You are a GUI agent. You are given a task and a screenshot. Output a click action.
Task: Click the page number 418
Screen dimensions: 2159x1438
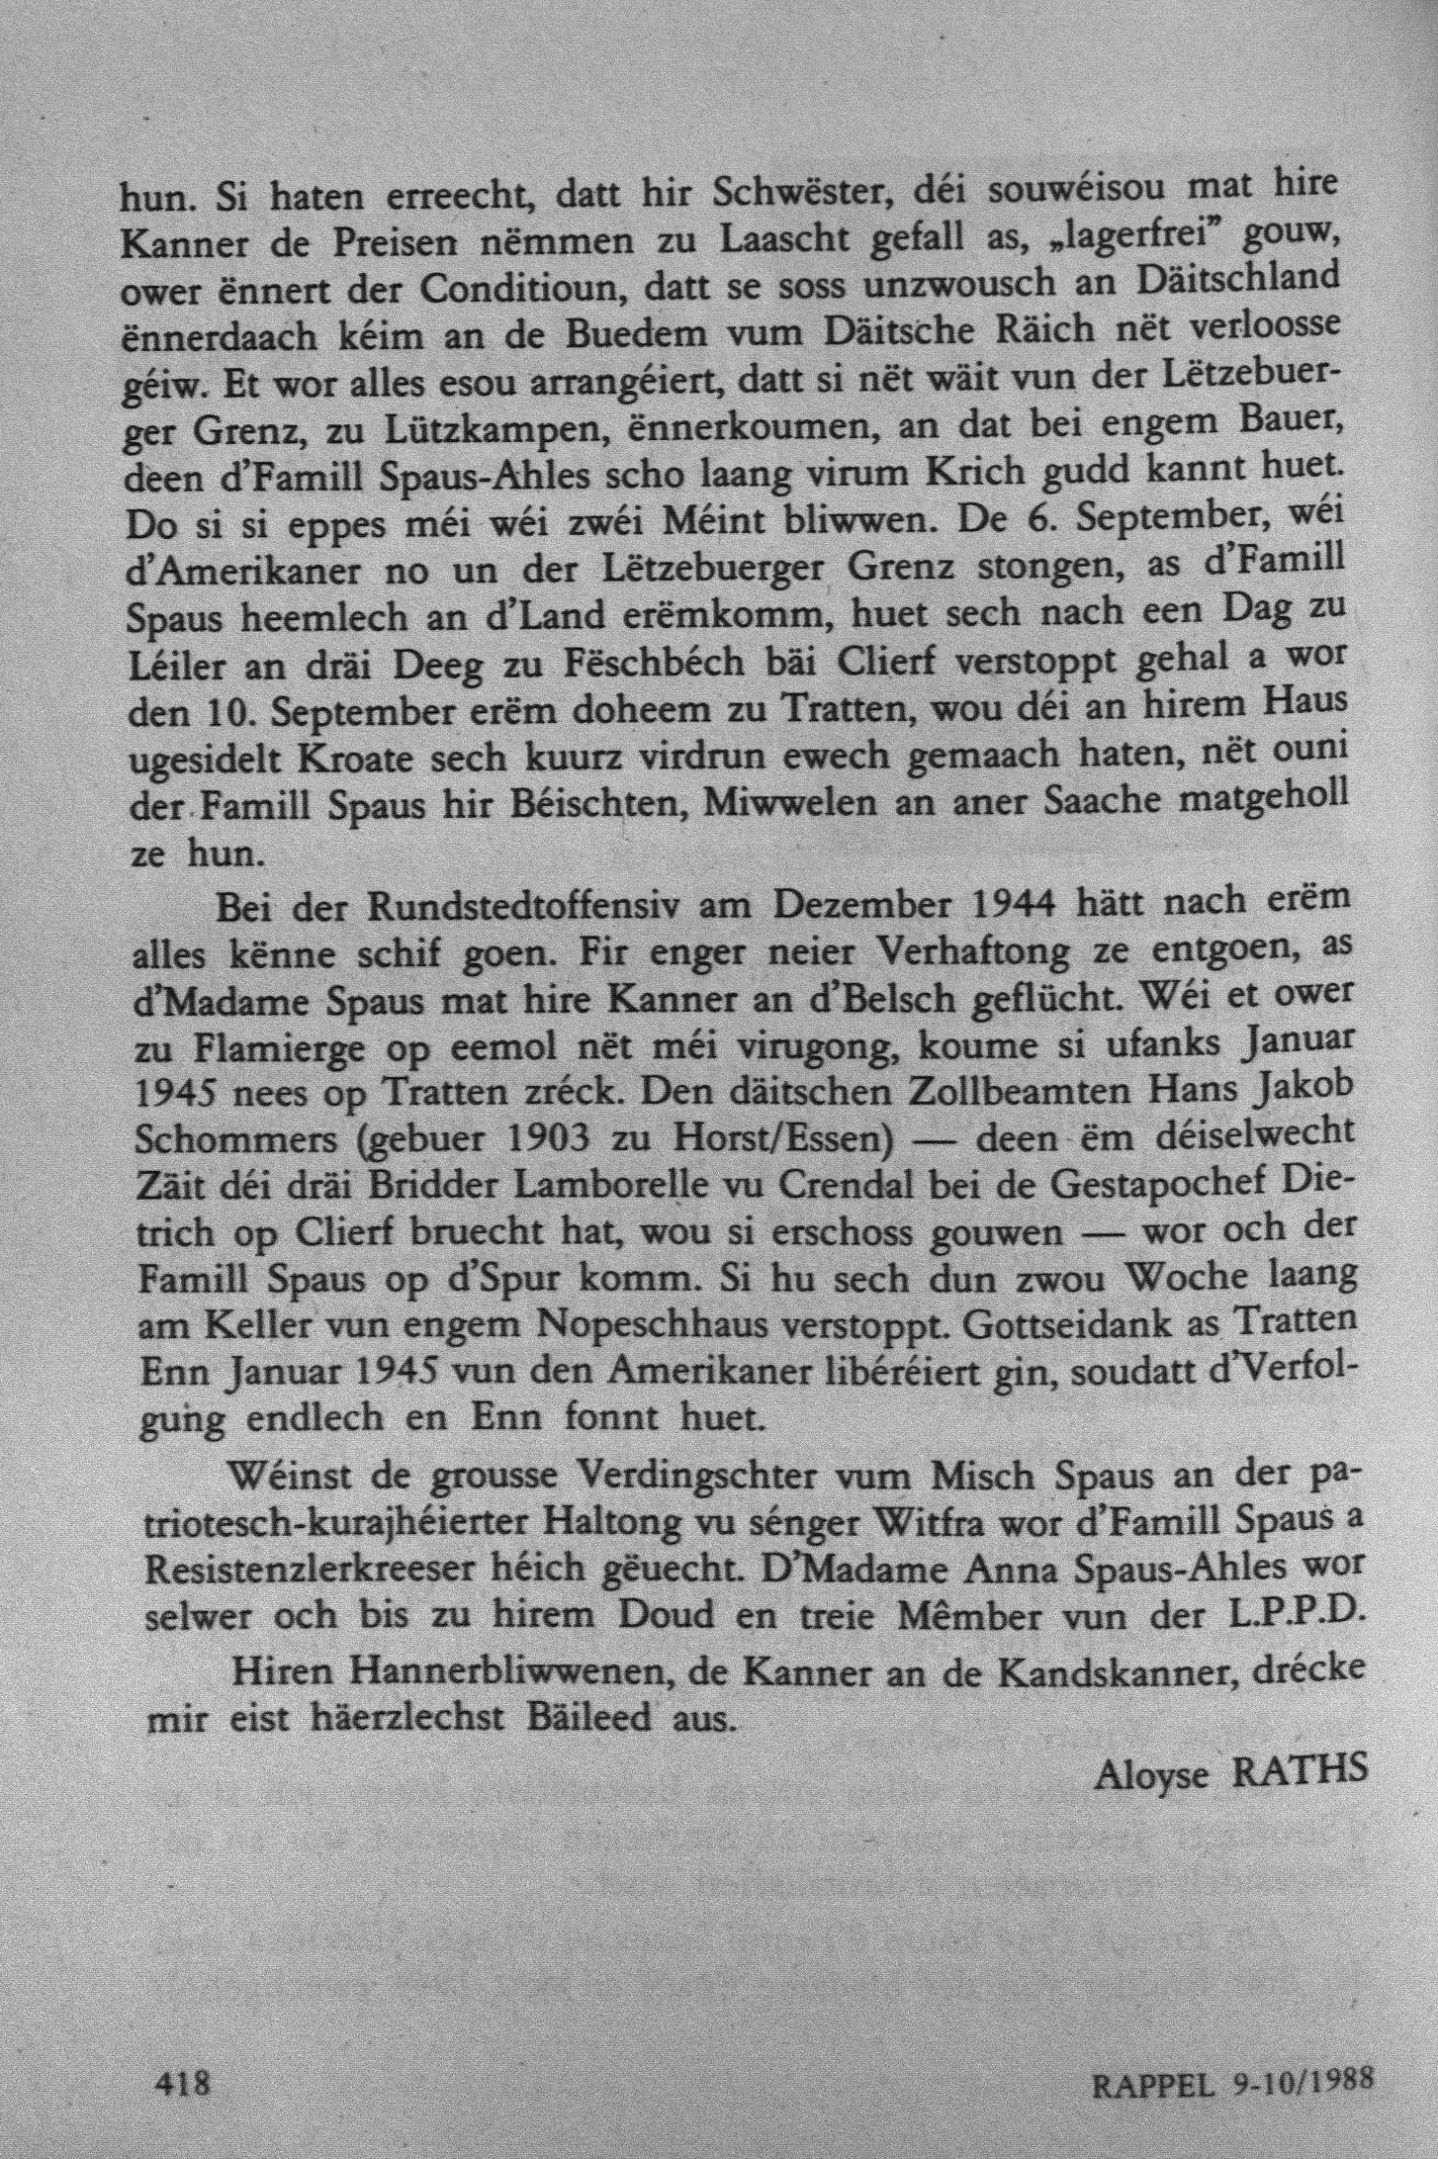click(185, 2052)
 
